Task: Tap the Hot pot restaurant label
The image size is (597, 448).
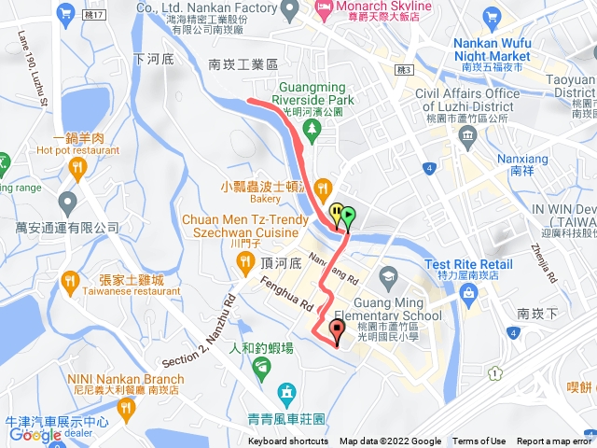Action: point(78,149)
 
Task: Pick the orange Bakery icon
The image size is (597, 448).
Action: point(323,186)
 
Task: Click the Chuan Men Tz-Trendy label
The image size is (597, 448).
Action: point(249,219)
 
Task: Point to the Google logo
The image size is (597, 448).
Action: point(35,435)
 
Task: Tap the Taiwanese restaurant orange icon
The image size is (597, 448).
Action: point(71,280)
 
